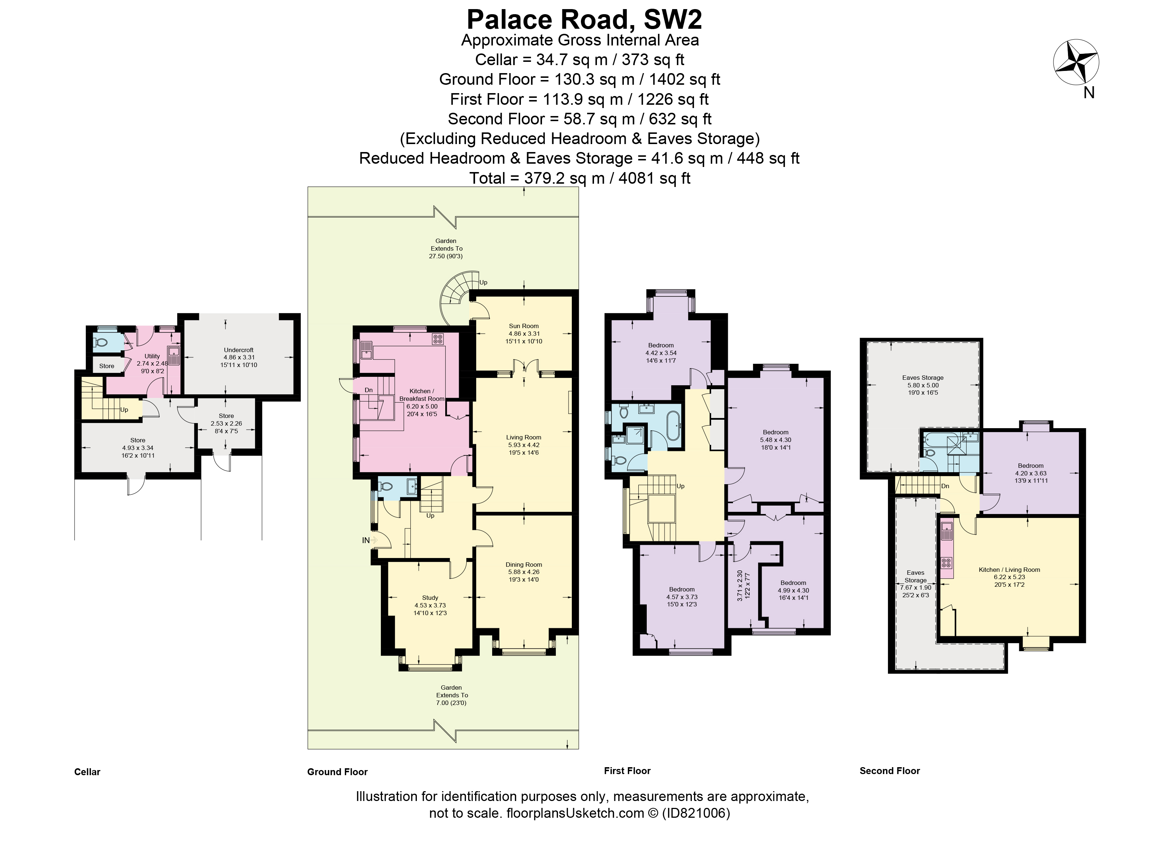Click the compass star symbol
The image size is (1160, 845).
point(1076,63)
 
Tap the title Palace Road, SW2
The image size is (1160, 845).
point(584,19)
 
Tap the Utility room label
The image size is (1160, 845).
point(152,356)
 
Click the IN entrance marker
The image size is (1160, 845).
point(366,540)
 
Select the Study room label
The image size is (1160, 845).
point(430,597)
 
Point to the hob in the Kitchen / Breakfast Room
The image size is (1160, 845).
point(437,339)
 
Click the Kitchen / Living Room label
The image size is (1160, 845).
point(1009,569)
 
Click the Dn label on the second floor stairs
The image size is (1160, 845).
point(945,486)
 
